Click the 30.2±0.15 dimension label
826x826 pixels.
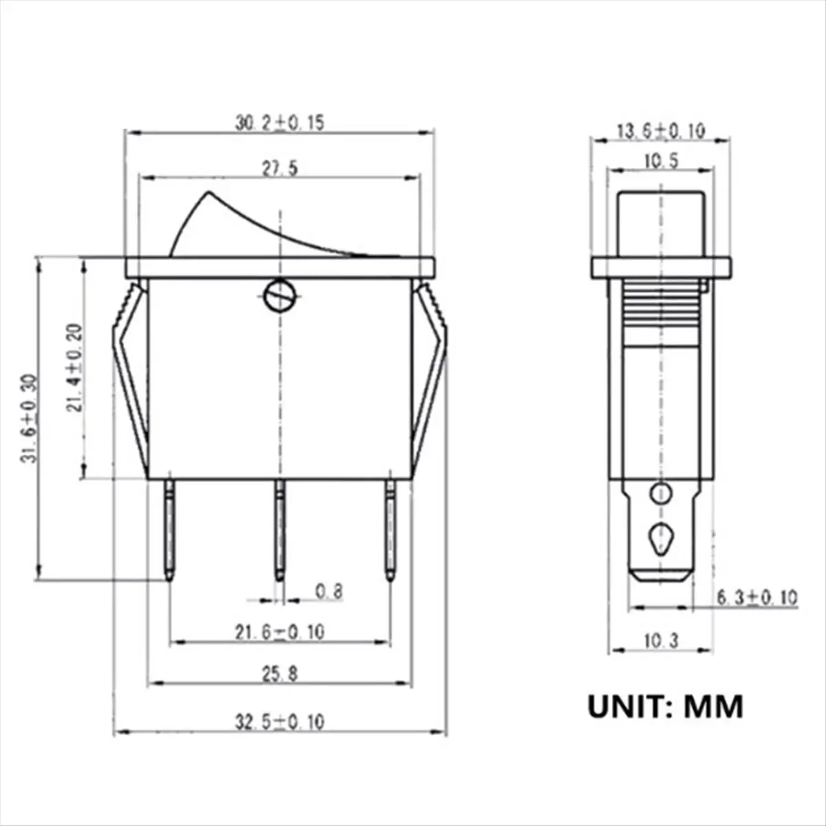coord(279,123)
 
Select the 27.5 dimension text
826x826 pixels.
coord(279,169)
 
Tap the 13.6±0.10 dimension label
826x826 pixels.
coord(661,131)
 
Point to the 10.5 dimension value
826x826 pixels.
coord(661,162)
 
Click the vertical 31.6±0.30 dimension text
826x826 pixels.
coord(29,419)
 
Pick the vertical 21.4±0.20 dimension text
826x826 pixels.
coord(74,368)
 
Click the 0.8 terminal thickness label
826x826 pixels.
coord(329,591)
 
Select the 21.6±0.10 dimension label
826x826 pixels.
coord(279,632)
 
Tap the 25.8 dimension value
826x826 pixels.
coord(279,675)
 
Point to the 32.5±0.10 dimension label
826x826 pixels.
coord(279,722)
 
